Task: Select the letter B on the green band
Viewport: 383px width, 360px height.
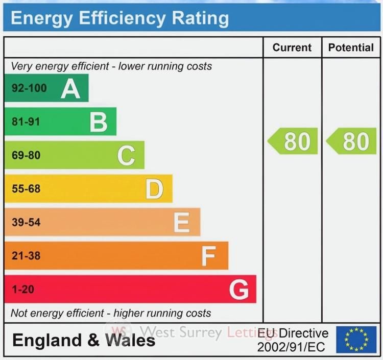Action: [x=99, y=122]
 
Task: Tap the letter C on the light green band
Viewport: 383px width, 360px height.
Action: [x=126, y=156]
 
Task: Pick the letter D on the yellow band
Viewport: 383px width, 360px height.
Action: [x=154, y=189]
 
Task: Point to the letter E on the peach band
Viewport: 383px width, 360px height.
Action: [x=182, y=223]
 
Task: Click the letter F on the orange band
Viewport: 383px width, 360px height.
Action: [x=208, y=256]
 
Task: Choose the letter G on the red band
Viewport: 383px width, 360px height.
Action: [x=239, y=290]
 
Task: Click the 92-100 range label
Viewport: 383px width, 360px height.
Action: [x=29, y=88]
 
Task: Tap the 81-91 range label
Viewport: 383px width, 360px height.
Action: [x=26, y=122]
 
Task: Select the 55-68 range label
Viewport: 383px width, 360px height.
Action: [x=26, y=189]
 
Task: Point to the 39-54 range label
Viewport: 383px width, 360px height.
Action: [x=26, y=223]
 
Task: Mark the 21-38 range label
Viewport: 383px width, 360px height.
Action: [x=26, y=256]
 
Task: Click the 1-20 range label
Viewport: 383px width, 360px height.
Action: [x=22, y=290]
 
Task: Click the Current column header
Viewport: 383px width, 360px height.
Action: [x=292, y=47]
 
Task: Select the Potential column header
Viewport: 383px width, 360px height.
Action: [x=351, y=47]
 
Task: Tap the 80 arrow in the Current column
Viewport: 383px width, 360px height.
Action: [x=293, y=141]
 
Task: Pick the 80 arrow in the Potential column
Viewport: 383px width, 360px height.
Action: [x=351, y=141]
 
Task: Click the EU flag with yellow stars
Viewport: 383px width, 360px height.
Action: [x=356, y=340]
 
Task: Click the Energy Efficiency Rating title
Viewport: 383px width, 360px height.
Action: [x=119, y=18]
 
